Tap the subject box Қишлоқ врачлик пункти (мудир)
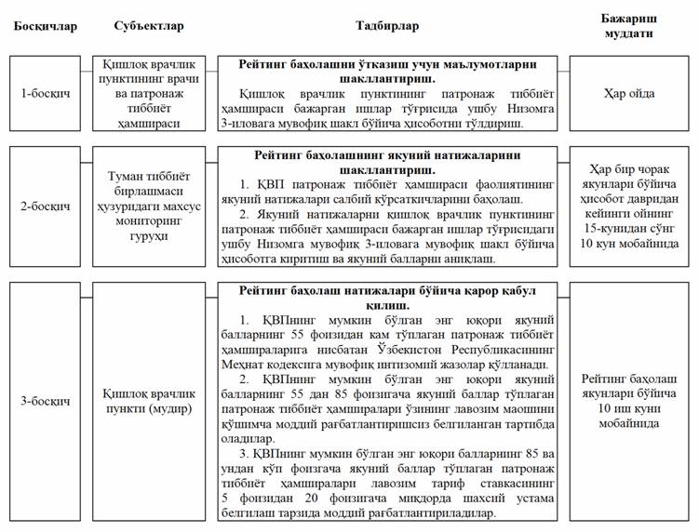click(x=149, y=401)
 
